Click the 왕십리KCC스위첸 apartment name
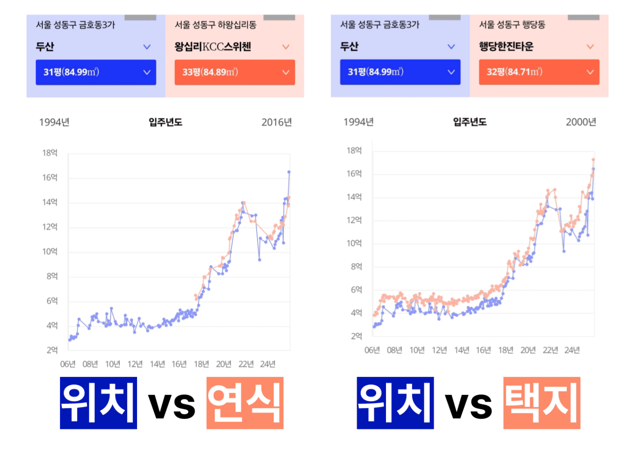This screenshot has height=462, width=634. (x=213, y=46)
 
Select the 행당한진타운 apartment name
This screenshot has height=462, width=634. (x=506, y=46)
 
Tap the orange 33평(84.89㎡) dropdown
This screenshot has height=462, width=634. (x=234, y=72)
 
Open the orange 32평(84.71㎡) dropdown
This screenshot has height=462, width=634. (x=539, y=72)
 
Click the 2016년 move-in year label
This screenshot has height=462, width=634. (x=276, y=122)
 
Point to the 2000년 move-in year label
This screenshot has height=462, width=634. (x=581, y=122)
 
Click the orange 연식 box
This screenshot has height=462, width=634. (x=245, y=403)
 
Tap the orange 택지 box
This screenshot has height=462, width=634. (x=542, y=403)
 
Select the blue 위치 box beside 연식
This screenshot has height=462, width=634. (x=98, y=403)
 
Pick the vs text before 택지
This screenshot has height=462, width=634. (x=469, y=405)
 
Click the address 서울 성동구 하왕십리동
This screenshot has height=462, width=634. (x=216, y=25)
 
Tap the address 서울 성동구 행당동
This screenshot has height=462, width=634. (x=512, y=24)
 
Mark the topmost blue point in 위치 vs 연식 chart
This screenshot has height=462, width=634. (x=289, y=172)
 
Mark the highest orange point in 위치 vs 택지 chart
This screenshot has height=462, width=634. (x=593, y=159)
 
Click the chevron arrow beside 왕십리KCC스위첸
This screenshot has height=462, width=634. (x=285, y=46)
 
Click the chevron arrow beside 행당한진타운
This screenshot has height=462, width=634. (x=590, y=46)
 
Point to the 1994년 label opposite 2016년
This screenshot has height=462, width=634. (x=54, y=122)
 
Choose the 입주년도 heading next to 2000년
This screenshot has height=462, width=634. (x=469, y=122)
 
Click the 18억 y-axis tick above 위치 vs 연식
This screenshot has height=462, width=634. (x=50, y=153)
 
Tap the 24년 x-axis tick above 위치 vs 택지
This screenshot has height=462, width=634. (x=572, y=350)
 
